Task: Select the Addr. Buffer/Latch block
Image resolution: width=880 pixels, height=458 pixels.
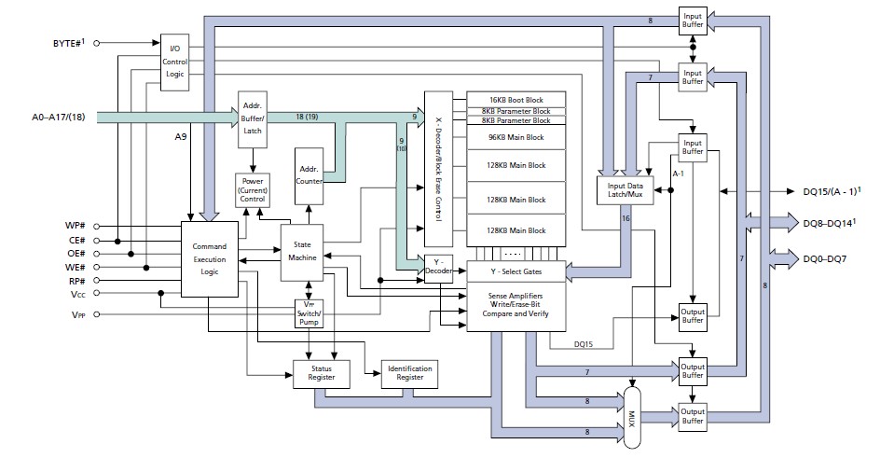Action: [252, 118]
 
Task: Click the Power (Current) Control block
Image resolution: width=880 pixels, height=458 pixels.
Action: [252, 189]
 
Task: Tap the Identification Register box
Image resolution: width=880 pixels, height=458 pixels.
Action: [409, 373]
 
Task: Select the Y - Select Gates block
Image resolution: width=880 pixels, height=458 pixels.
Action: [516, 271]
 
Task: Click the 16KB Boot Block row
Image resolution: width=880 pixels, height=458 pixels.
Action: [516, 100]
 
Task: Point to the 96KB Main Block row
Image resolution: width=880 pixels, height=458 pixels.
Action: [516, 138]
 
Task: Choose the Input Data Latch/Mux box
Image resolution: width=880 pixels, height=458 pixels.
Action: [626, 191]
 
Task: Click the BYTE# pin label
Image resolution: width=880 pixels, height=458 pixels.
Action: [63, 42]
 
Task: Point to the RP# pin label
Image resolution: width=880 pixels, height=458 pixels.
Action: [77, 281]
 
